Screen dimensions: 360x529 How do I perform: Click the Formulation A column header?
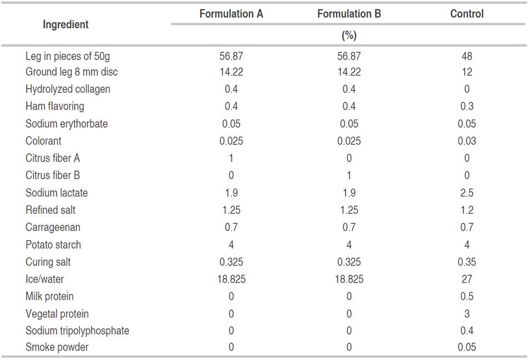coord(231,14)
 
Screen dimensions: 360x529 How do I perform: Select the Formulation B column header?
coord(349,14)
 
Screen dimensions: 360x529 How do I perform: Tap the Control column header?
coord(466,14)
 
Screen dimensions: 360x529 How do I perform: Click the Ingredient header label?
coord(66,24)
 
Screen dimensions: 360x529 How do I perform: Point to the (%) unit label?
coord(349,36)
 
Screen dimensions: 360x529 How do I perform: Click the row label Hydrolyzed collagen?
coord(68,89)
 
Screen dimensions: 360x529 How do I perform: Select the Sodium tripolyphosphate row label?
coord(77,331)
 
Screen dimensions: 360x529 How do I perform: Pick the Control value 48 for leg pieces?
coord(466,56)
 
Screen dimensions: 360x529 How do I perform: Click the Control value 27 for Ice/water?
coord(466,279)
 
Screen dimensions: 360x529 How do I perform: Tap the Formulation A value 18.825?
coord(231,279)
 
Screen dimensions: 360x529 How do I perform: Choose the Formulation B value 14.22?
coord(349,72)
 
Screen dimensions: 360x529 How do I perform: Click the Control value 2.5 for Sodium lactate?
coord(466,193)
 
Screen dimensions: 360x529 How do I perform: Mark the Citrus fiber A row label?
coord(53,158)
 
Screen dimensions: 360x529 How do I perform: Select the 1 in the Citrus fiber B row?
coord(349,175)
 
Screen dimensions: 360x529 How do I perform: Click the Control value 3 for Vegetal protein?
coord(466,314)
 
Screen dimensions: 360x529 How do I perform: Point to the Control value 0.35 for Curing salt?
coord(466,262)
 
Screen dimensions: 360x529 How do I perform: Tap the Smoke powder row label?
coord(57,347)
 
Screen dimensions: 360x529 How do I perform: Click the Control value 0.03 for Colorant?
coord(466,141)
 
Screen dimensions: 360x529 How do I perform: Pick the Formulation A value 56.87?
coord(231,56)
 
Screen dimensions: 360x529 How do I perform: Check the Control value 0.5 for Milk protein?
coord(466,296)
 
